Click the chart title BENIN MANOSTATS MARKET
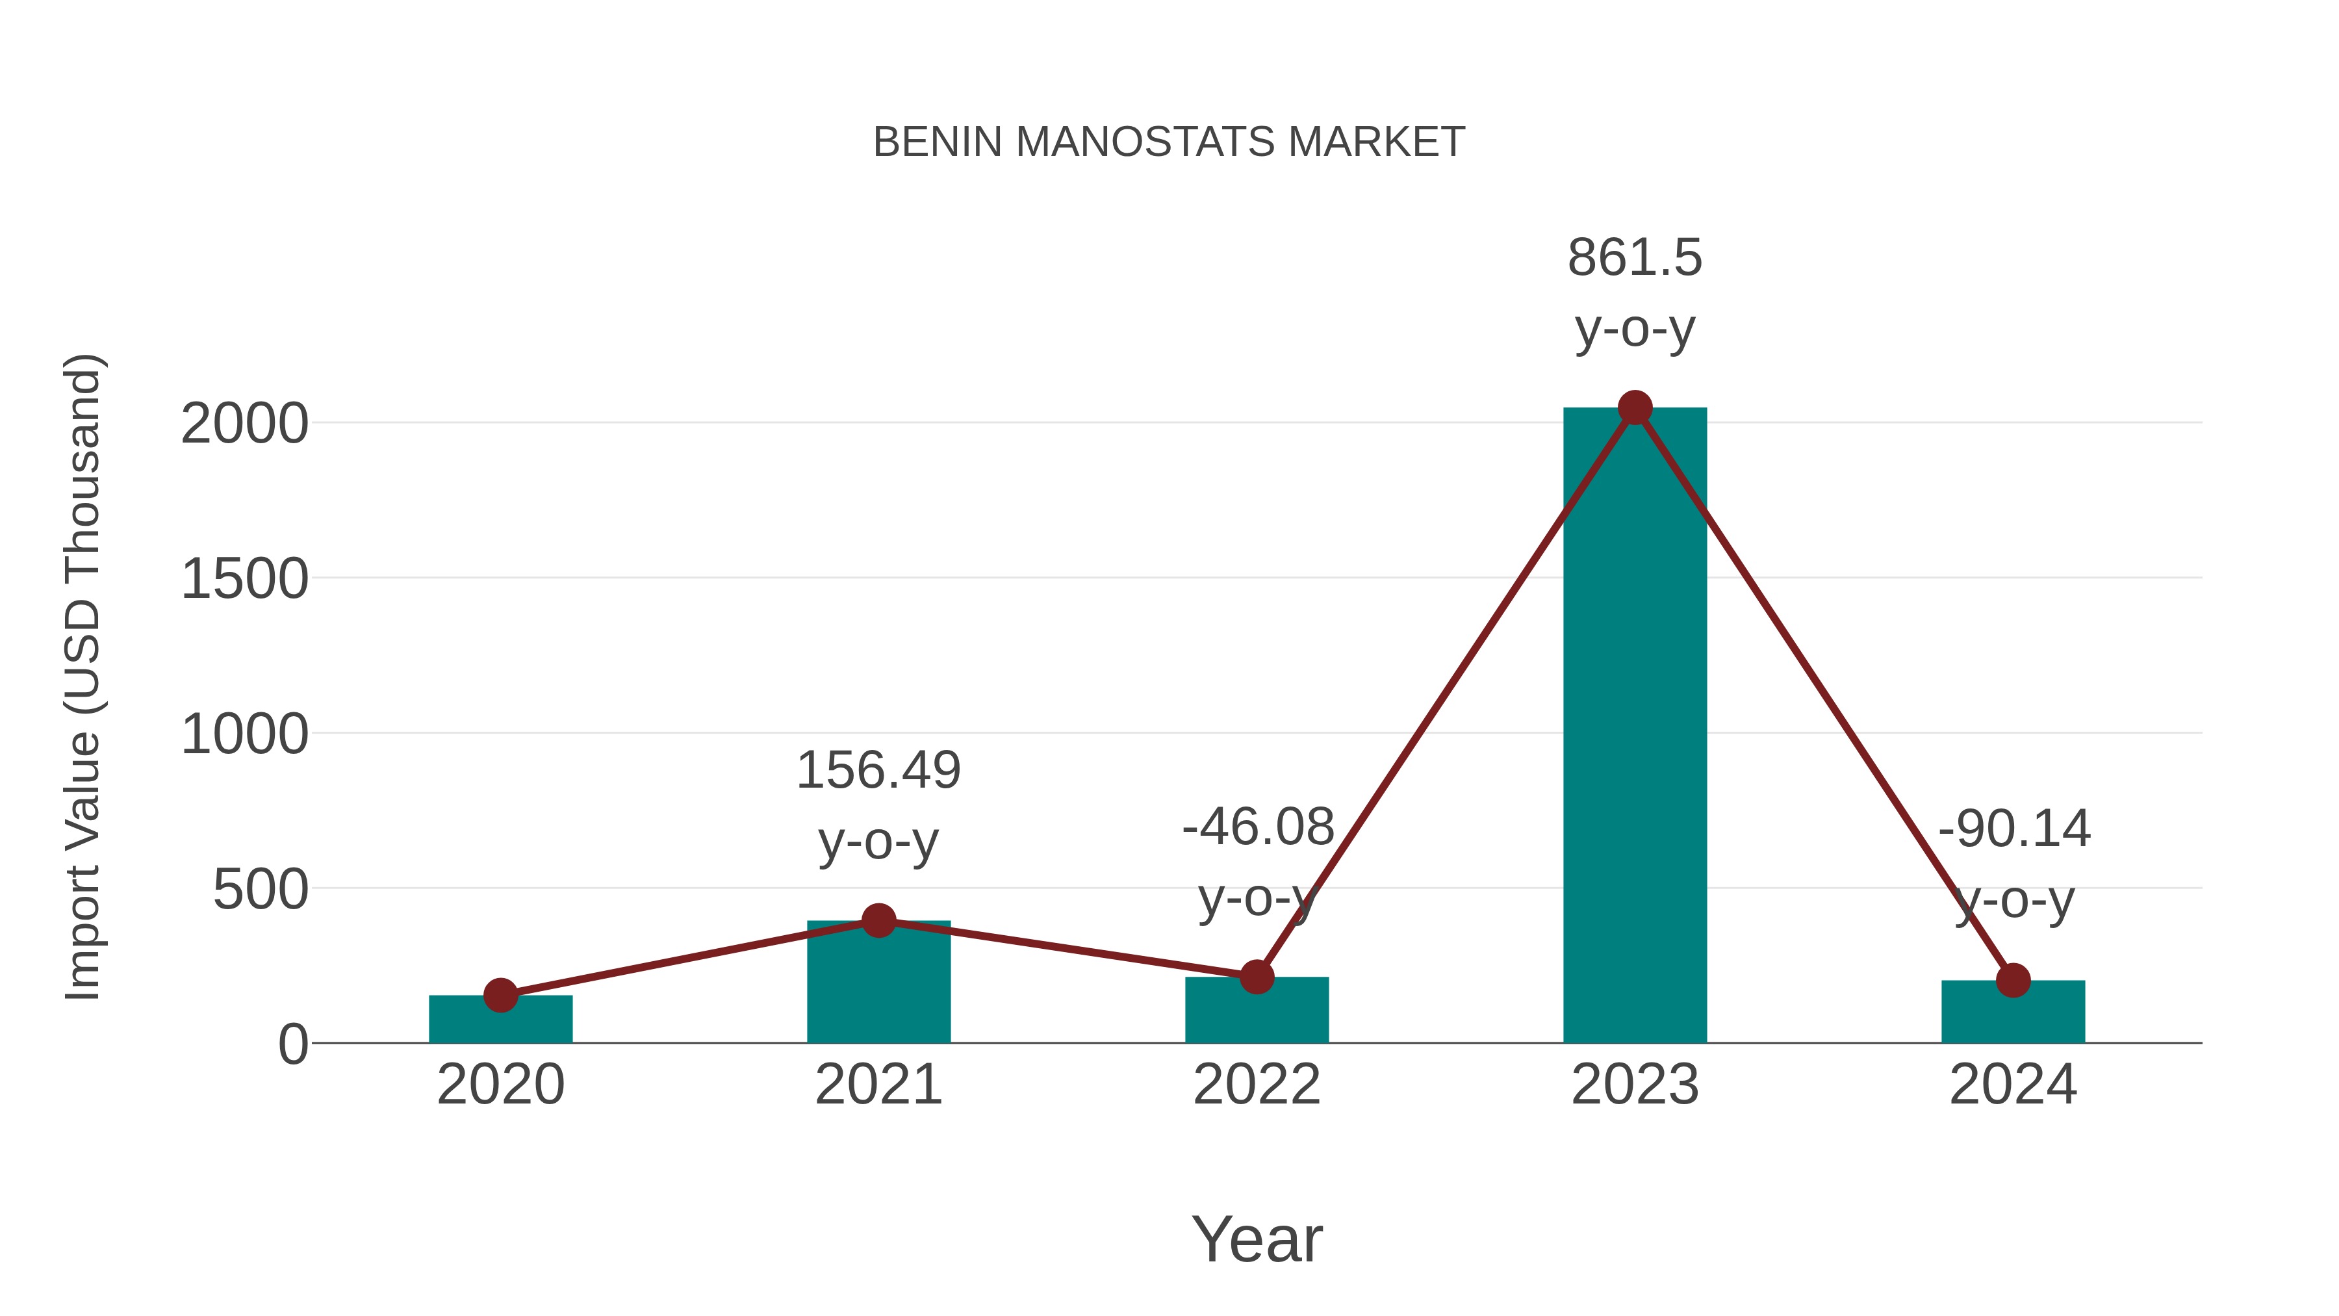coord(1169,142)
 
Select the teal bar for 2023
coord(1635,727)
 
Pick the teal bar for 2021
coord(878,985)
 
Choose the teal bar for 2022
coord(1257,1012)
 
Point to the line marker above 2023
coord(1635,407)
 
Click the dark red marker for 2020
coord(500,996)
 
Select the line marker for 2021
coord(878,920)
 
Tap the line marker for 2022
coord(1257,977)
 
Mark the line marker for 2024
coord(2013,981)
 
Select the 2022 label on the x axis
coord(1257,1085)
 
